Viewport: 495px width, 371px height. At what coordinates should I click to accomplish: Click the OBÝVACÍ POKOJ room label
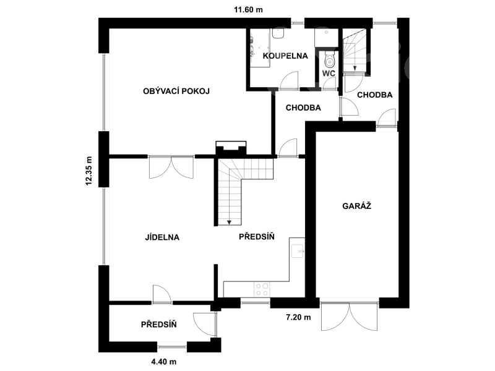click(x=176, y=92)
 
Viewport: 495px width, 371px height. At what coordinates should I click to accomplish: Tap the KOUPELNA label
click(x=285, y=56)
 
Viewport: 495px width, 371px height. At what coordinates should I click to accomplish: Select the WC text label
click(x=329, y=74)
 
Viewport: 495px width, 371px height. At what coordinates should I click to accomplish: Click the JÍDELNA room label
click(x=162, y=237)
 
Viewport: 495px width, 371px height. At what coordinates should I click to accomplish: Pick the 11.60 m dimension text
click(x=248, y=9)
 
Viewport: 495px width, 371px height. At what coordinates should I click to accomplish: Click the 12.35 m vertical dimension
click(x=88, y=171)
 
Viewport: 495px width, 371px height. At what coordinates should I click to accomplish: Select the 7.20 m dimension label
click(x=298, y=317)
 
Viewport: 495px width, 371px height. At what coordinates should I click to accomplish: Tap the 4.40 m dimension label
click(x=164, y=362)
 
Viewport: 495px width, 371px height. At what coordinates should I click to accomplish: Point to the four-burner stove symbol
click(x=262, y=289)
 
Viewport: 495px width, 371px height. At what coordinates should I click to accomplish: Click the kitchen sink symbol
click(x=298, y=251)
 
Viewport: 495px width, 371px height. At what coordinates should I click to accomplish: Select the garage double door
click(x=349, y=317)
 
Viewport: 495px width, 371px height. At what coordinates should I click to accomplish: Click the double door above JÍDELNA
click(x=171, y=167)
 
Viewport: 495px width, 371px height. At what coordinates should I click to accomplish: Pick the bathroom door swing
click(x=289, y=81)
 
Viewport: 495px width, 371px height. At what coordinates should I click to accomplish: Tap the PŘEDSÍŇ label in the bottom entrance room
click(x=159, y=325)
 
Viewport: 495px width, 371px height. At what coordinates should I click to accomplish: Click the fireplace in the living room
click(x=231, y=148)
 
